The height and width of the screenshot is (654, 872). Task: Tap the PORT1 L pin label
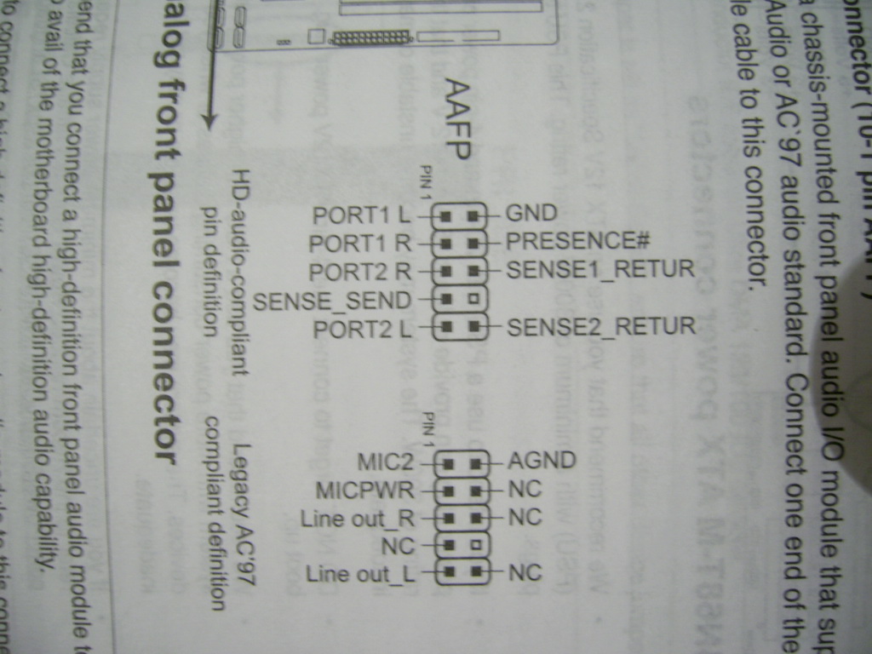point(362,215)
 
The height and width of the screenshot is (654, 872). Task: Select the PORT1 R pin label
point(360,244)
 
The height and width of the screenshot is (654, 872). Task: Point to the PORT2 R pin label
point(360,272)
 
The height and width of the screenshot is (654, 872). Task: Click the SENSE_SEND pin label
point(333,301)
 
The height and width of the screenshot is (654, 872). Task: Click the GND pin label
point(531,213)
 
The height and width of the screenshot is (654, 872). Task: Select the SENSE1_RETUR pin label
point(601,270)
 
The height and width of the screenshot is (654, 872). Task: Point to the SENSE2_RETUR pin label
point(601,325)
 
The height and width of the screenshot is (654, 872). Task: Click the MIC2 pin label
point(385,462)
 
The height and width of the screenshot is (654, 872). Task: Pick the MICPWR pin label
point(364,491)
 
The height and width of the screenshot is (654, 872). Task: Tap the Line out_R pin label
point(358,519)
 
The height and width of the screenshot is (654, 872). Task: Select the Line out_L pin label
point(360,574)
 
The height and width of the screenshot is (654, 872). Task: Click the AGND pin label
point(542,461)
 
